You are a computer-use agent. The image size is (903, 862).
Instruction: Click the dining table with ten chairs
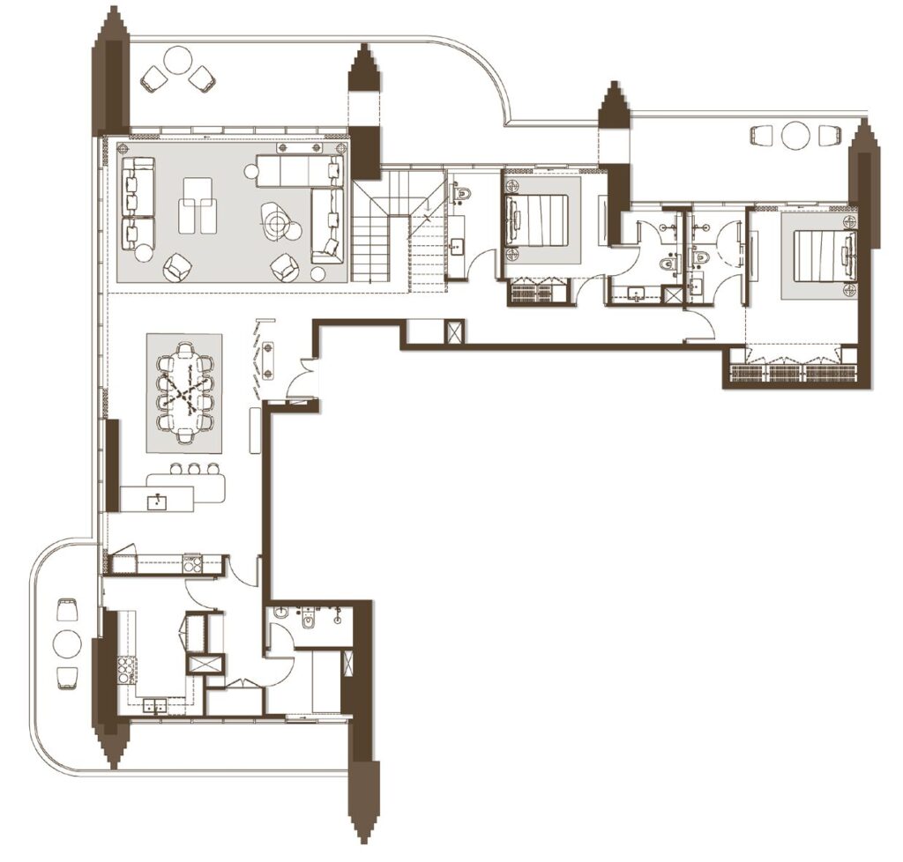point(184,392)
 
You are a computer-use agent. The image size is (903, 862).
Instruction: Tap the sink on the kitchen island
point(160,502)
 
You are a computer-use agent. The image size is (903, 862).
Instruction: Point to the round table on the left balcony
point(67,644)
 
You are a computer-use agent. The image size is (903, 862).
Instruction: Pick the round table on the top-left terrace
point(178,61)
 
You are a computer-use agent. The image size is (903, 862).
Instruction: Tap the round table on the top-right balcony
point(795,136)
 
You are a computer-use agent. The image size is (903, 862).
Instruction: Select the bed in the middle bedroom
point(538,220)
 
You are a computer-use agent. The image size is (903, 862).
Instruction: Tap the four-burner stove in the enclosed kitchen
point(127,670)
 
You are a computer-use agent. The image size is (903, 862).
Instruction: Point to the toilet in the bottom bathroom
point(308,620)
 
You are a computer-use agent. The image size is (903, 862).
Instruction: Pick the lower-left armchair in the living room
point(179,266)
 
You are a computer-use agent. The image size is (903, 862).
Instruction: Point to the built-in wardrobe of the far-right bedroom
point(792,372)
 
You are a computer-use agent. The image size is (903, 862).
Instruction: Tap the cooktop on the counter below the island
point(191,563)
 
